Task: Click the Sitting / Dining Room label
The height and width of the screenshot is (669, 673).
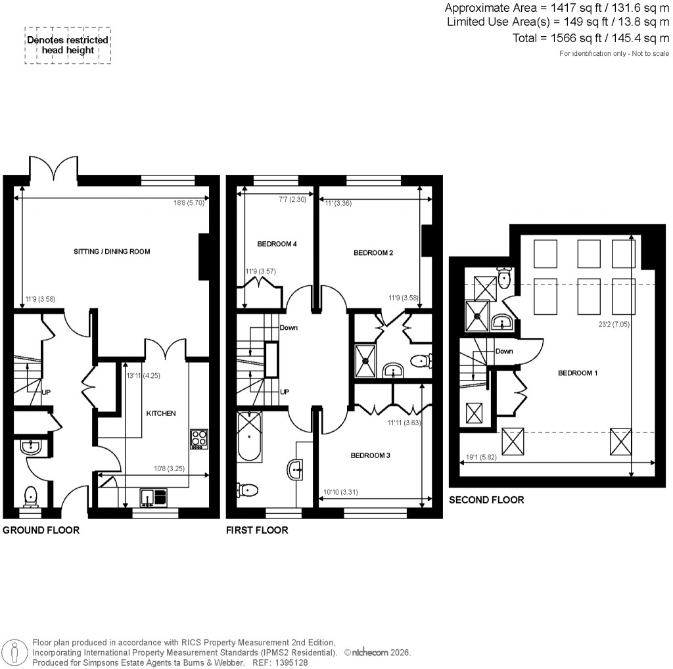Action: tap(112, 252)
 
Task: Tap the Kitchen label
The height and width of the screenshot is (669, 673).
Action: tap(161, 413)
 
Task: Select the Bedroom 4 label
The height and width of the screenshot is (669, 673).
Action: tap(277, 244)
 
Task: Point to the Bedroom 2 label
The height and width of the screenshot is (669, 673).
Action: tap(373, 252)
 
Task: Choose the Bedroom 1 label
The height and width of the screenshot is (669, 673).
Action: tap(578, 373)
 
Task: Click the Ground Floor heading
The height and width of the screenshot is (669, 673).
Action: tap(41, 530)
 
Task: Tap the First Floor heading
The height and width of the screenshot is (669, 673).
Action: tap(257, 530)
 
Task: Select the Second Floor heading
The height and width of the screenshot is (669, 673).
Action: tap(486, 500)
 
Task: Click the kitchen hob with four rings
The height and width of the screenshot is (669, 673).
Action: tap(199, 438)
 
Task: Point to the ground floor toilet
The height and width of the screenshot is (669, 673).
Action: tap(30, 496)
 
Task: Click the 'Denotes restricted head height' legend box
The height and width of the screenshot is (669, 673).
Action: tap(68, 45)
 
